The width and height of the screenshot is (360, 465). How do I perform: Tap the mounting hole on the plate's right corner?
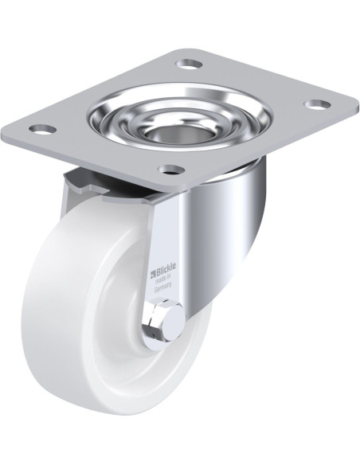317,104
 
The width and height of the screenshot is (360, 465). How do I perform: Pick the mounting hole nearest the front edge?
170,170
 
